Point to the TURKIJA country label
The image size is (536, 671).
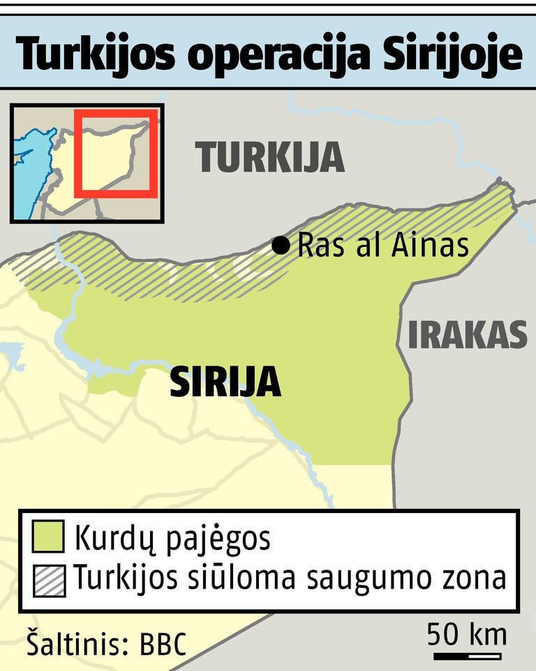tap(271, 157)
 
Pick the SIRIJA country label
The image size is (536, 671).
tap(225, 382)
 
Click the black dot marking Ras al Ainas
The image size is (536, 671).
tap(281, 245)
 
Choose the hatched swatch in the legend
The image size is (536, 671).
tap(49, 580)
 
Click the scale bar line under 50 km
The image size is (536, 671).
tap(468, 656)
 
